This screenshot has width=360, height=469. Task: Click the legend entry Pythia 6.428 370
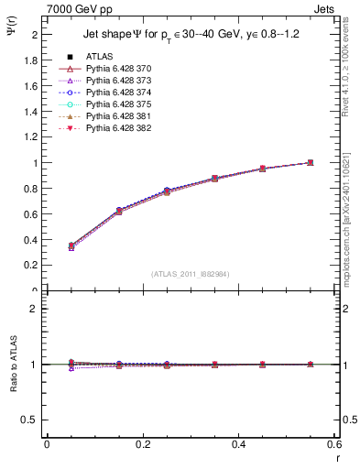119,69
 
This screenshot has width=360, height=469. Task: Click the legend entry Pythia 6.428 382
119,128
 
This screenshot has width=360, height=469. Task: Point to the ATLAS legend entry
101,57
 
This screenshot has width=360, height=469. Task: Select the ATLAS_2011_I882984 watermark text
191,274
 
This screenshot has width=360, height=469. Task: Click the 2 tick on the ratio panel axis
37,309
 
